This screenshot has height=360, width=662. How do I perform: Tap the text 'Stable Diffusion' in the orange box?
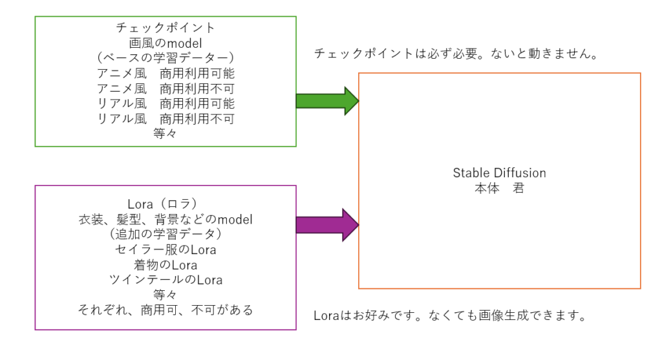pyautogui.click(x=499, y=173)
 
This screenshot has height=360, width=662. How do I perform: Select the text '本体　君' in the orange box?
pyautogui.click(x=499, y=189)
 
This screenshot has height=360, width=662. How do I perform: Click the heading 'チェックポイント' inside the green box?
pyautogui.click(x=165, y=28)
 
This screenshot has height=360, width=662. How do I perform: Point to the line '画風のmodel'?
pyautogui.click(x=165, y=43)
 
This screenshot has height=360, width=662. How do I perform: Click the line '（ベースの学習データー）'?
pyautogui.click(x=165, y=58)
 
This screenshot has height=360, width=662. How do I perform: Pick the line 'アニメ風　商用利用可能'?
pyautogui.click(x=165, y=73)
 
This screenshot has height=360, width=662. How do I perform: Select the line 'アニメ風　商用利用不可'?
pyautogui.click(x=165, y=89)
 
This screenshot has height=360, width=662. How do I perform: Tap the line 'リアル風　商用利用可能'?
pyautogui.click(x=165, y=103)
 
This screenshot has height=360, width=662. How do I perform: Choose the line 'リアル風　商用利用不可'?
pyautogui.click(x=165, y=119)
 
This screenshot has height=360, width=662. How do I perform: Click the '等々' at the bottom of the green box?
pyautogui.click(x=165, y=134)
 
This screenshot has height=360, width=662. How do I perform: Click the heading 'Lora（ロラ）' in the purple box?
pyautogui.click(x=165, y=205)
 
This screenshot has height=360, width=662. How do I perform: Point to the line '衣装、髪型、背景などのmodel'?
pyautogui.click(x=165, y=220)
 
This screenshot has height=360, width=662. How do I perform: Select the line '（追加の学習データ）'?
pyautogui.click(x=165, y=235)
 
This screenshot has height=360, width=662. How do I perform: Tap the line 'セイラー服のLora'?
pyautogui.click(x=165, y=250)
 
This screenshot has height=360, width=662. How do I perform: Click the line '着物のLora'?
pyautogui.click(x=165, y=265)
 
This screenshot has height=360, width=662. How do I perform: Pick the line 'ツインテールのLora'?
pyautogui.click(x=165, y=280)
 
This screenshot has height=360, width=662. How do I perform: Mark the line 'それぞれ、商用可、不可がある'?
pyautogui.click(x=165, y=310)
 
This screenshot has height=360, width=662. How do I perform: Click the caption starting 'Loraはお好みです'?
pyautogui.click(x=451, y=317)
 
